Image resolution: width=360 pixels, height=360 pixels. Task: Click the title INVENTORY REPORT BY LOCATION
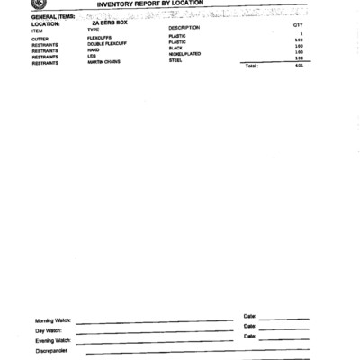(x=158, y=4)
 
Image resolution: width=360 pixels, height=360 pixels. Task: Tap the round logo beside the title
(x=38, y=4)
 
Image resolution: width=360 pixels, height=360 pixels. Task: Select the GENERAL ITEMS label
(x=52, y=16)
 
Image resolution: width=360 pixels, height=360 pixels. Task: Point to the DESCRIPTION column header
(x=184, y=28)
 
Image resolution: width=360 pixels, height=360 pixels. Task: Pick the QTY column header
(x=298, y=26)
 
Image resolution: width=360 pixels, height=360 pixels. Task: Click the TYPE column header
(x=94, y=30)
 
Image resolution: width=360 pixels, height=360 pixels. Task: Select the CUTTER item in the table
(x=40, y=38)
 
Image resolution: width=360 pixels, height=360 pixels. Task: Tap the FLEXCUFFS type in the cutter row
(x=100, y=38)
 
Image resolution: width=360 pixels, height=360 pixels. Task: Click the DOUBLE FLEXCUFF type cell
(x=107, y=44)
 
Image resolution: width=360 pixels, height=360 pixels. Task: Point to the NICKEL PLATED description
(x=184, y=54)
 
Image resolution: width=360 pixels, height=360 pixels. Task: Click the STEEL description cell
(x=175, y=60)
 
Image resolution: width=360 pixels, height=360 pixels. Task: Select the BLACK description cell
(x=175, y=48)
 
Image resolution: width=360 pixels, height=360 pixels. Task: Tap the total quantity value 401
(x=299, y=66)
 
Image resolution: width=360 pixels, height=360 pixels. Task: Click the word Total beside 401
(x=251, y=66)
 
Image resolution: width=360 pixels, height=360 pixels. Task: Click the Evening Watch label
(x=52, y=341)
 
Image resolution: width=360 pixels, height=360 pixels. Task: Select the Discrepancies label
(x=51, y=351)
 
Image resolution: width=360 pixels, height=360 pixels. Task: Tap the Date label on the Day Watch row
(x=250, y=326)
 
